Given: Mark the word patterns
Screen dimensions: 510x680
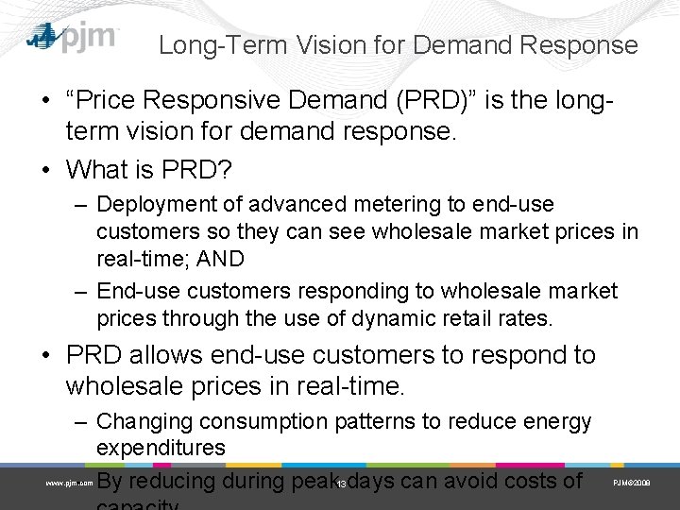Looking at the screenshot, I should pos(375,421).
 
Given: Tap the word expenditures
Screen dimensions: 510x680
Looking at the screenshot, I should pos(161,447).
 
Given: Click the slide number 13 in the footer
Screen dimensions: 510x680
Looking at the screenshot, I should pos(340,484).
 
